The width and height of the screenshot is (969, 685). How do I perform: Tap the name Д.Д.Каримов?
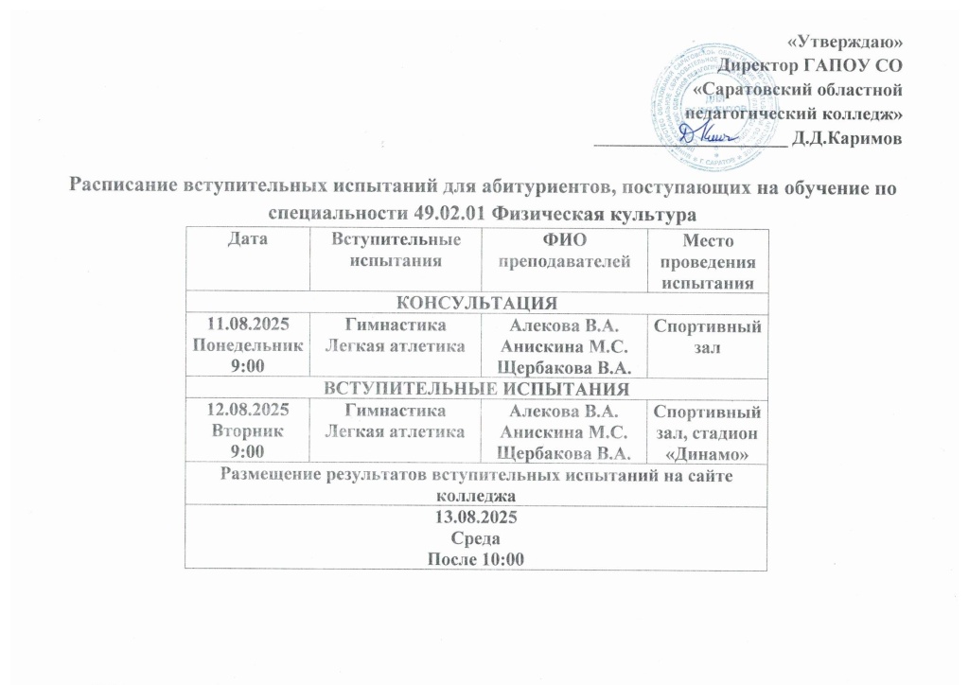[848, 138]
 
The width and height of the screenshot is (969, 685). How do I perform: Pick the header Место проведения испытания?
[707, 260]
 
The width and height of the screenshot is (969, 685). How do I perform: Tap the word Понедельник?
[246, 344]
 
